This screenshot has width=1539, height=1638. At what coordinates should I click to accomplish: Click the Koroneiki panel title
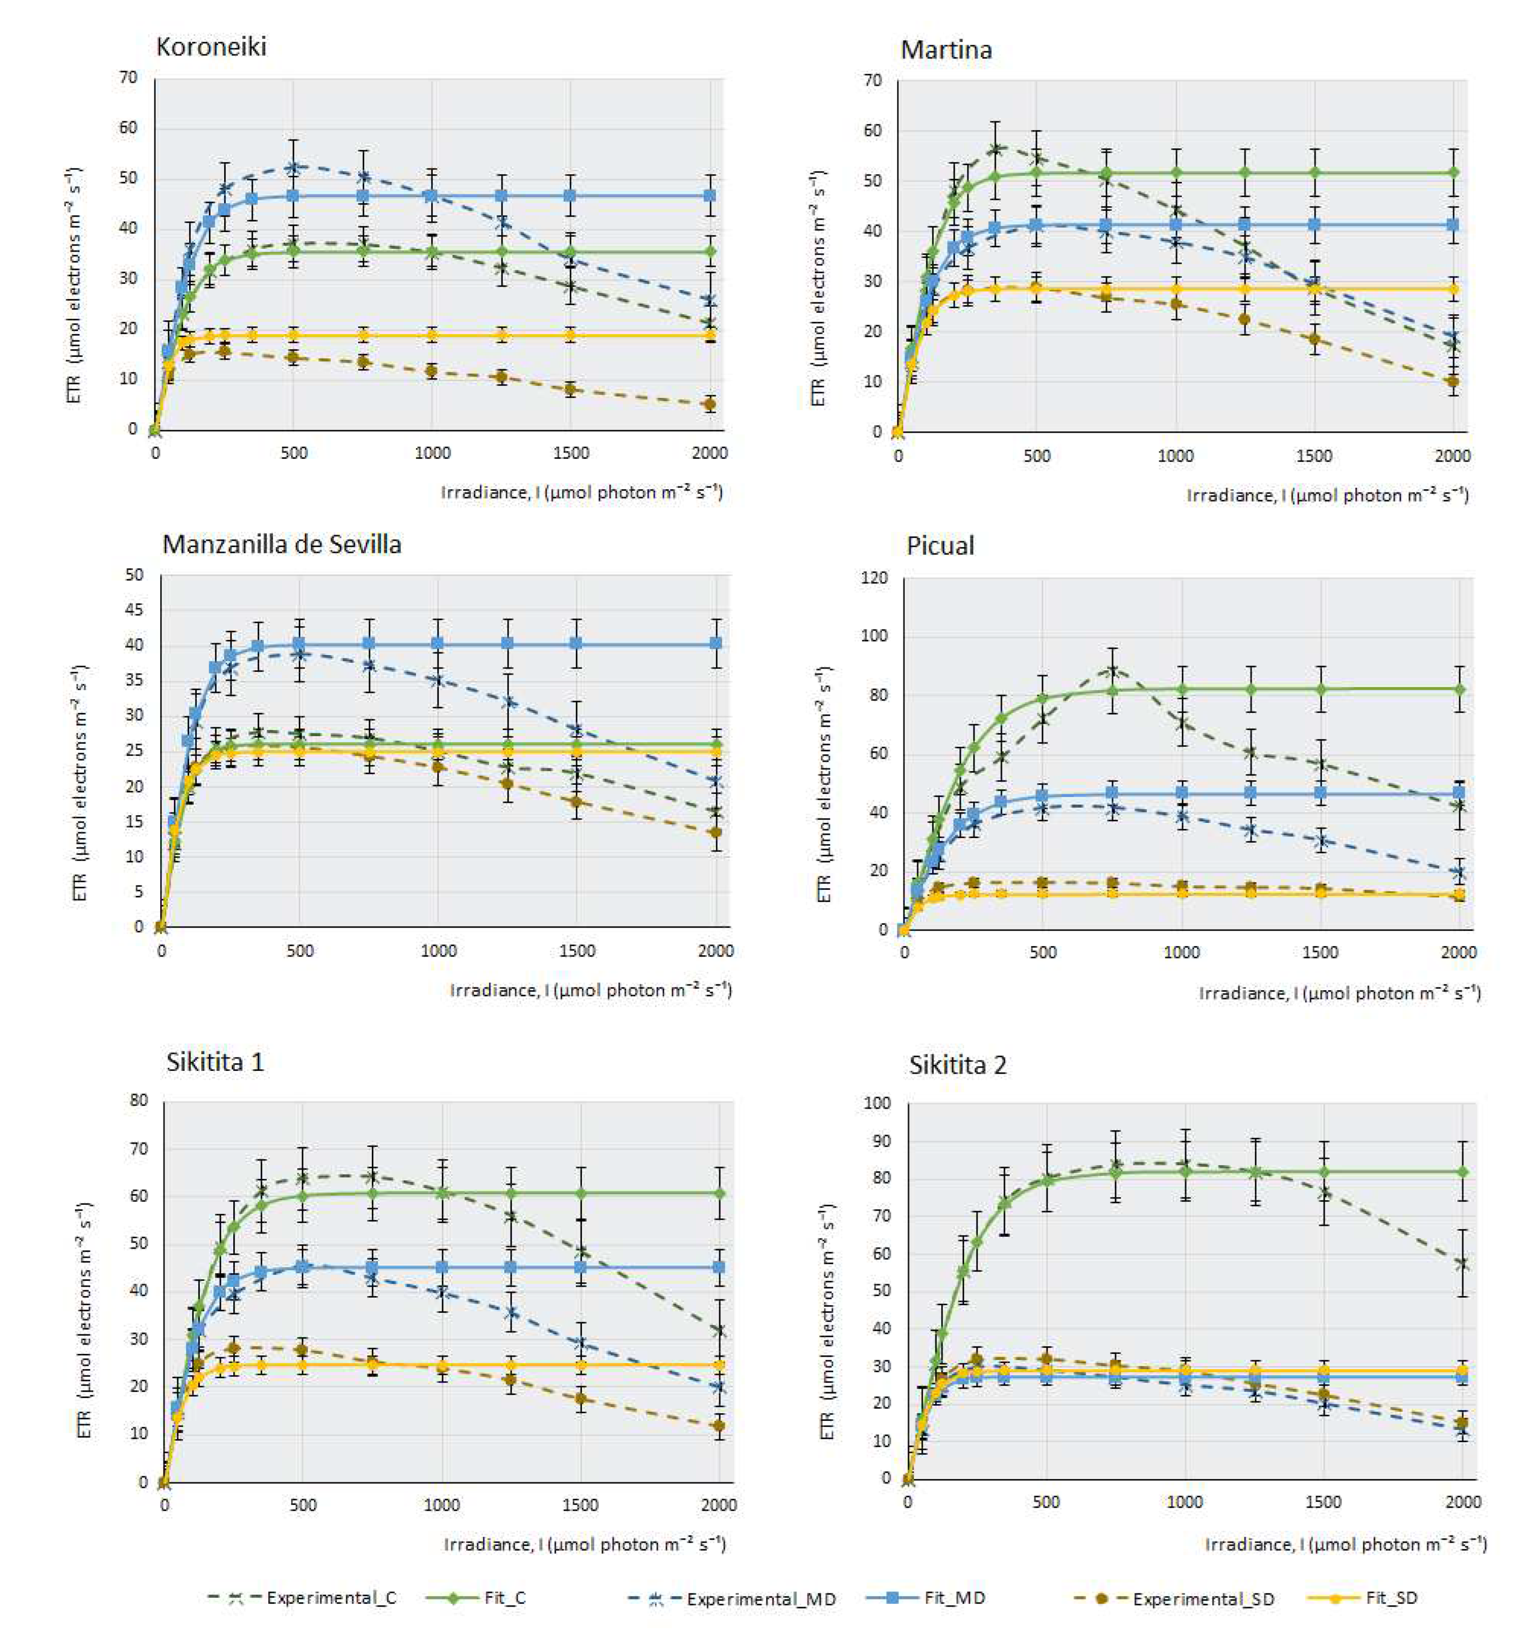tap(211, 46)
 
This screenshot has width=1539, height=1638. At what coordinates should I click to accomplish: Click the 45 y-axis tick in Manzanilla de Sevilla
tap(134, 610)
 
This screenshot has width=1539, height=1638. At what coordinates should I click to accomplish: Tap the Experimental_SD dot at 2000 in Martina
tap(1452, 381)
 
